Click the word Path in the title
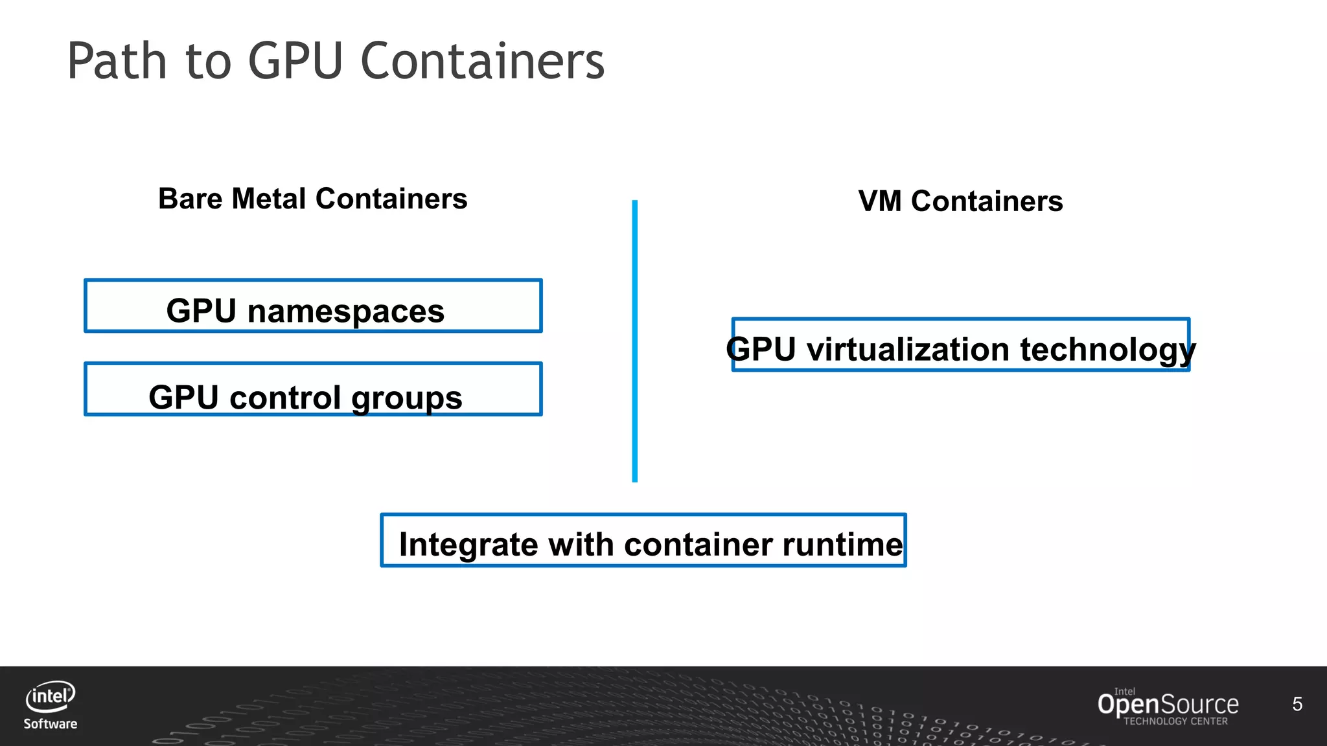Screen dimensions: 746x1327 pyautogui.click(x=117, y=61)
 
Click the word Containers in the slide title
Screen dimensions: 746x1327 pyautogui.click(x=482, y=61)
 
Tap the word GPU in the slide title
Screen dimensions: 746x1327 pyautogui.click(x=295, y=61)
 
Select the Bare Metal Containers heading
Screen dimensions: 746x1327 pyautogui.click(x=312, y=199)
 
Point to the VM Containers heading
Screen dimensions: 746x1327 pyautogui.click(x=960, y=201)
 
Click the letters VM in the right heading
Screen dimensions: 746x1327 pyautogui.click(x=879, y=201)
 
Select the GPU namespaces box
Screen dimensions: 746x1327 pyautogui.click(x=313, y=306)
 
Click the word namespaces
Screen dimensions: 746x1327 pyautogui.click(x=346, y=311)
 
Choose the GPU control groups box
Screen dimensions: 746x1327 pyautogui.click(x=313, y=389)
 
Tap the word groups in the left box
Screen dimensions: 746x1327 pyautogui.click(x=406, y=398)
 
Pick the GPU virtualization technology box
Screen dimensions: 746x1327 pyautogui.click(x=960, y=345)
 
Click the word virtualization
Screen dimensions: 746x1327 pyautogui.click(x=908, y=350)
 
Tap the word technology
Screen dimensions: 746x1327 pyautogui.click(x=1108, y=350)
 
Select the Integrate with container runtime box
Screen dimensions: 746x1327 pyautogui.click(x=643, y=540)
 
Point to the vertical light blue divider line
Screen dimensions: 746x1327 pyautogui.click(x=635, y=341)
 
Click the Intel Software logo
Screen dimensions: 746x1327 pyautogui.click(x=51, y=705)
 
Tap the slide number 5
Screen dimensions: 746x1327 pyautogui.click(x=1297, y=704)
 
